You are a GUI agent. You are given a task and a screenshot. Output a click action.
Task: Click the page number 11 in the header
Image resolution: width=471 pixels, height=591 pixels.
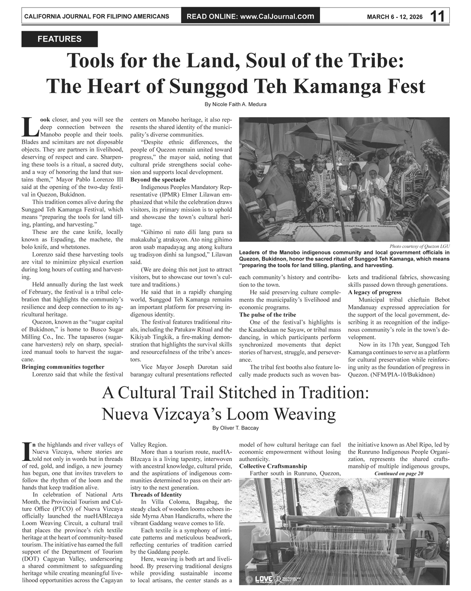click(437, 16)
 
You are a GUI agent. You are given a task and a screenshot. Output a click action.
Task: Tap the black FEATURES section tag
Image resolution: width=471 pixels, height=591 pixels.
click(59, 39)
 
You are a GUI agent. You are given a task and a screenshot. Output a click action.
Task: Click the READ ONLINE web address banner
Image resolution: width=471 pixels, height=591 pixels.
click(250, 16)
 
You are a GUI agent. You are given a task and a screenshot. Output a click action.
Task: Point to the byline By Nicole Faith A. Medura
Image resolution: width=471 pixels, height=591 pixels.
click(235, 104)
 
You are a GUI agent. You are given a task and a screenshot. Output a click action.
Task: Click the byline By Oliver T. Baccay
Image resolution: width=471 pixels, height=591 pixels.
click(235, 428)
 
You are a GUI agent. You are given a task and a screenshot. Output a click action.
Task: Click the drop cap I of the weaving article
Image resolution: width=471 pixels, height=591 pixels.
click(26, 451)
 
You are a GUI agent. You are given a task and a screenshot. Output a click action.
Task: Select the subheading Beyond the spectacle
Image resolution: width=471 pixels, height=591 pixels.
click(158, 180)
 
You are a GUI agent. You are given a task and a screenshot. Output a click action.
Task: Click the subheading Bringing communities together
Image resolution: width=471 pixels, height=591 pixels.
click(63, 367)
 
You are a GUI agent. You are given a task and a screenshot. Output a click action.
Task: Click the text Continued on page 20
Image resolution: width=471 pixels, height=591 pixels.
click(399, 474)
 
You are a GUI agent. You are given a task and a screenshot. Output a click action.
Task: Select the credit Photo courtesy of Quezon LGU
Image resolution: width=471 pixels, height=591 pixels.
click(420, 246)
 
